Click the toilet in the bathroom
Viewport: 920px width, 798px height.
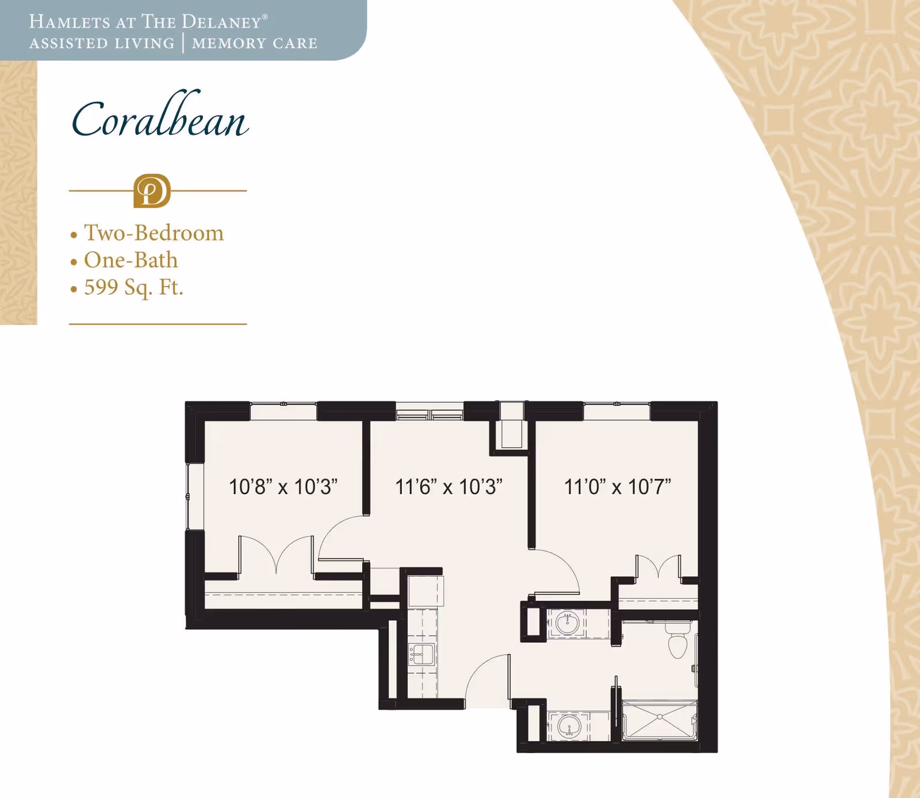click(678, 643)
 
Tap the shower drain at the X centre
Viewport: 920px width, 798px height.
click(660, 717)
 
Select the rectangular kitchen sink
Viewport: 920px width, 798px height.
click(421, 655)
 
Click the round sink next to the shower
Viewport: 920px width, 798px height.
click(569, 726)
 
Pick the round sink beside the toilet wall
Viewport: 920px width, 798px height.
click(568, 623)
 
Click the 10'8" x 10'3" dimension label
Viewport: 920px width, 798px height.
click(283, 487)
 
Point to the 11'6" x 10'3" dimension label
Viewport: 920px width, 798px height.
click(448, 487)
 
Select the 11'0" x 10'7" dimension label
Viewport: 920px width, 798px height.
click(618, 487)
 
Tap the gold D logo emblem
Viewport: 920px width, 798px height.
click(152, 190)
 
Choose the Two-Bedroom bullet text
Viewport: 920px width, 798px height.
click(154, 233)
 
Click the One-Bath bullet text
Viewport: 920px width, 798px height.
click(131, 260)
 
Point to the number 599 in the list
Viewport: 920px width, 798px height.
click(101, 287)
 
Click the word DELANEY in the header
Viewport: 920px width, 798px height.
click(221, 22)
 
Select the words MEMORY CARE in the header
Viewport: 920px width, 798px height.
click(255, 44)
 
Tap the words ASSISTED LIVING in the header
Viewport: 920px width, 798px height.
click(102, 44)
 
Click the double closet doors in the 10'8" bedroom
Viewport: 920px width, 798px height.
click(277, 555)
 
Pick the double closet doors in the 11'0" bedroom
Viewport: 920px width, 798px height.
click(658, 566)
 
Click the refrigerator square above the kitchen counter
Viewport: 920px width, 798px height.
click(425, 590)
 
